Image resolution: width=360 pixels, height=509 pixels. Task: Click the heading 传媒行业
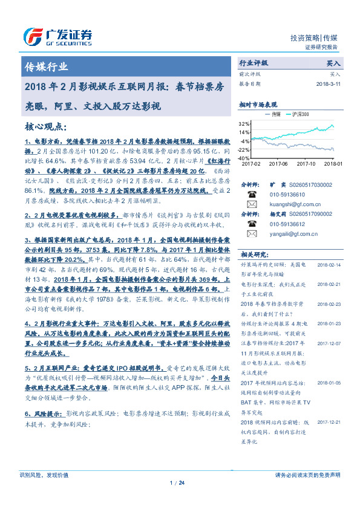click(x=45, y=67)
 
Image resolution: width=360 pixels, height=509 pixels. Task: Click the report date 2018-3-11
click(x=330, y=84)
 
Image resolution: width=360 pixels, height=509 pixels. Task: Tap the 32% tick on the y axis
click(x=244, y=123)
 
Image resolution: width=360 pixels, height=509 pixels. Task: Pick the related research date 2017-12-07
click(x=330, y=342)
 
